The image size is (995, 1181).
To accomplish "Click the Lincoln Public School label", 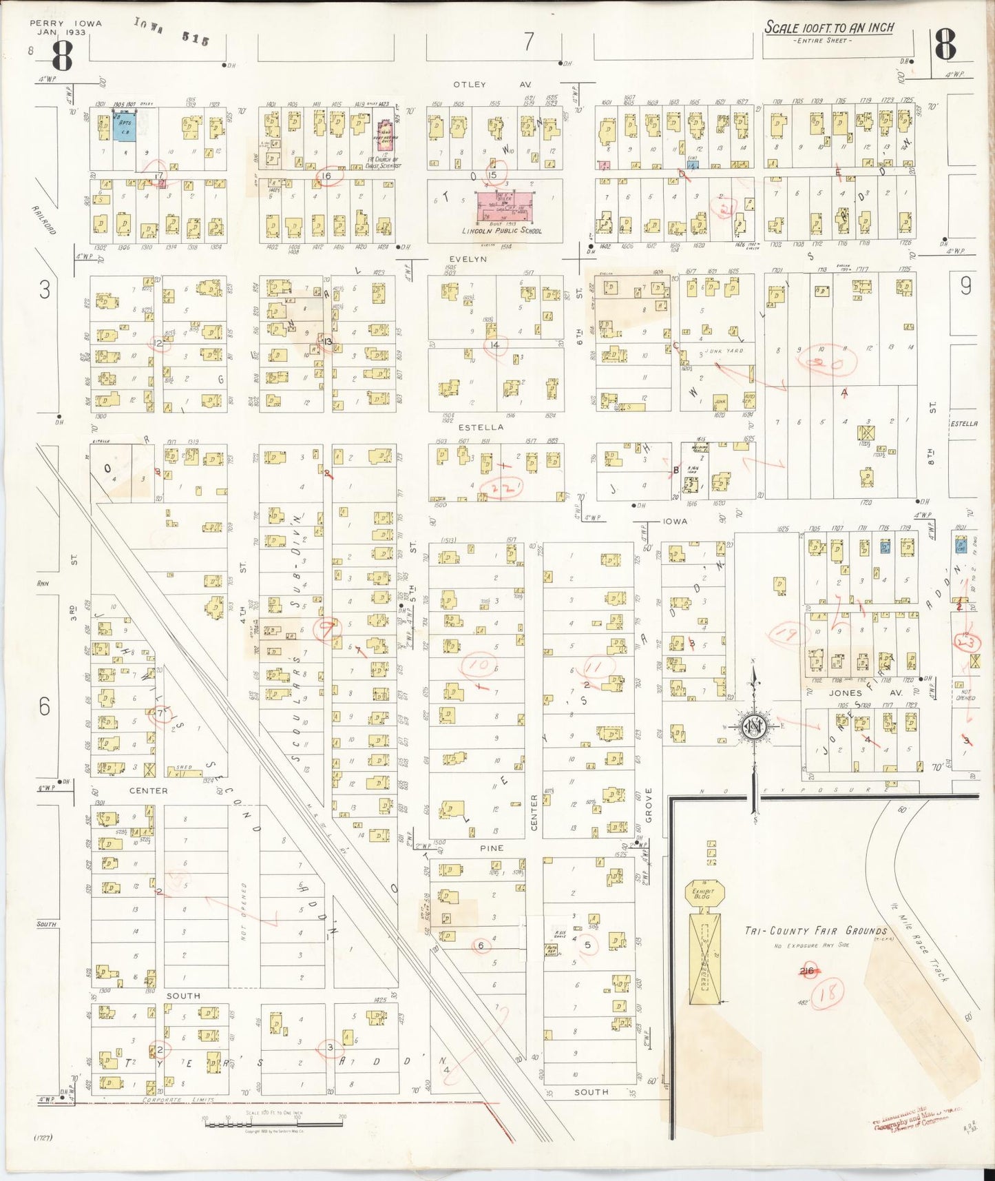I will tap(501, 231).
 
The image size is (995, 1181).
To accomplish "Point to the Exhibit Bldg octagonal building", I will tap(703, 893).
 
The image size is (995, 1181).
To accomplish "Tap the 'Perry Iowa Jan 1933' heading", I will tap(65, 28).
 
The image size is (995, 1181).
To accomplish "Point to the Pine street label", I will tap(492, 848).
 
